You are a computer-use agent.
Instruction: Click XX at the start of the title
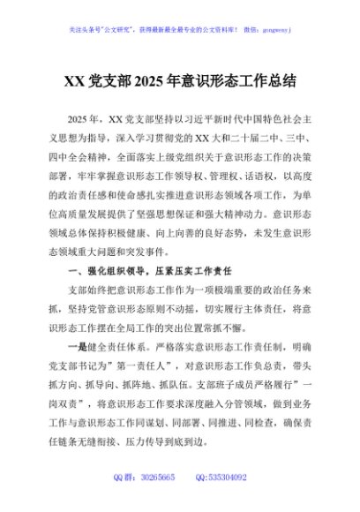74,80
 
